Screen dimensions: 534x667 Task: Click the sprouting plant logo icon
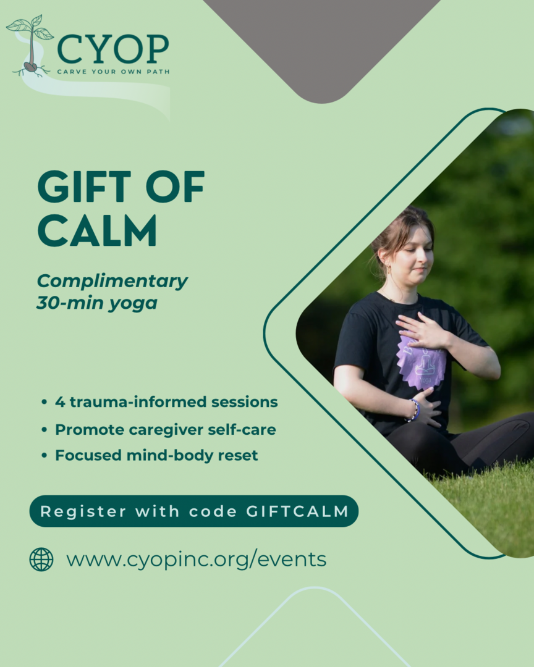(30, 47)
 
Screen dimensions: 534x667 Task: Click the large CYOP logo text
(113, 49)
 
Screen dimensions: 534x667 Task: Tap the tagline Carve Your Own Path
(113, 72)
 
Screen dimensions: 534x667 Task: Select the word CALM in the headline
(97, 230)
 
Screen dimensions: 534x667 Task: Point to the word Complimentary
(112, 282)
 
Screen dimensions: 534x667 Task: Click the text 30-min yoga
(97, 303)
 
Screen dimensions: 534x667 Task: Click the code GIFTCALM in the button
(298, 511)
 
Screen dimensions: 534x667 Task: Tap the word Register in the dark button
(83, 512)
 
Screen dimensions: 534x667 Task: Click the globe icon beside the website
(41, 560)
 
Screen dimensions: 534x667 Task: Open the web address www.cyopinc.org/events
(197, 559)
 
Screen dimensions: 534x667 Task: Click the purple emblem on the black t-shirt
(422, 361)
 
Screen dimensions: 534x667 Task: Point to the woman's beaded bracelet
(414, 410)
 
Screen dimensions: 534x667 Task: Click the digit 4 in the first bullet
(59, 401)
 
